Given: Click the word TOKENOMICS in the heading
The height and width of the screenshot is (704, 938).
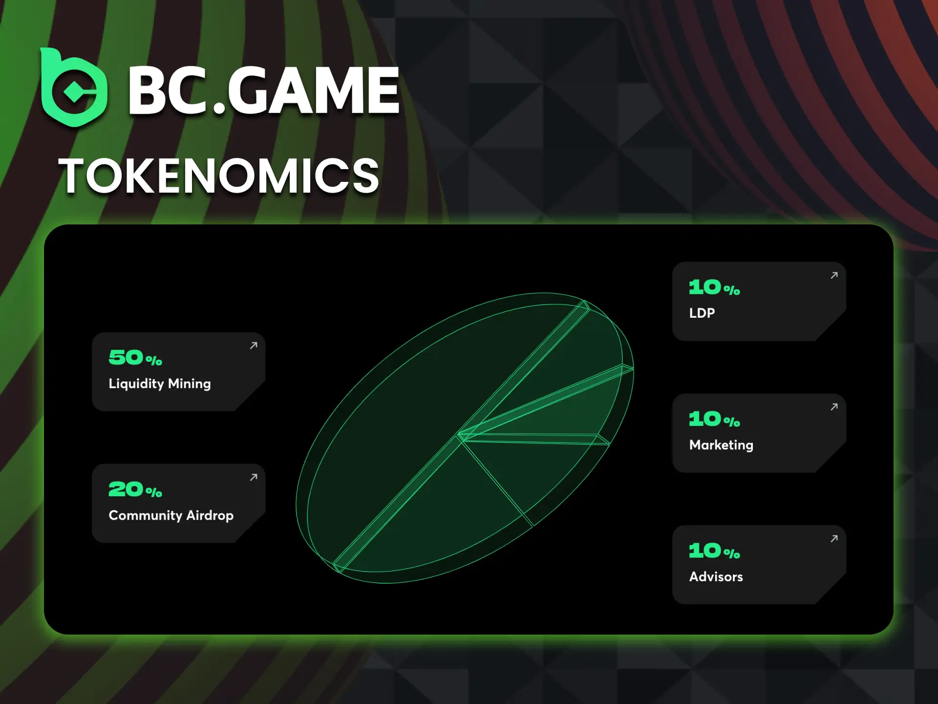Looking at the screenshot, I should [218, 176].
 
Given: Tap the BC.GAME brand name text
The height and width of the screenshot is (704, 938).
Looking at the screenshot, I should [264, 91].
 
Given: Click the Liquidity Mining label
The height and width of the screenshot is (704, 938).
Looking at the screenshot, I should [160, 384].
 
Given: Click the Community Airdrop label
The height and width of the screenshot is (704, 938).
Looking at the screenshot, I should [171, 515].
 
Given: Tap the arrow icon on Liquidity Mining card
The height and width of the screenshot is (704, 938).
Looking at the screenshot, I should [254, 346].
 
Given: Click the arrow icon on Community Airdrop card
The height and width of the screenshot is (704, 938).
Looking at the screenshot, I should [254, 477].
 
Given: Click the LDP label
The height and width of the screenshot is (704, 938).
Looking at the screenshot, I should [702, 313].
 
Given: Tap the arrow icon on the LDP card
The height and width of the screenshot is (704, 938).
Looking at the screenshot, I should [834, 275].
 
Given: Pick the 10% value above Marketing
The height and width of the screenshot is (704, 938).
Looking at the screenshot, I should [714, 419].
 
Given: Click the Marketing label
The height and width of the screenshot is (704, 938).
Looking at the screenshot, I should [721, 445].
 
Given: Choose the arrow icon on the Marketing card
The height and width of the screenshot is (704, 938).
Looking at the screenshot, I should [834, 407].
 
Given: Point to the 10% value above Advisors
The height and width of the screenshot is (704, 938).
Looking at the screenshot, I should [714, 551].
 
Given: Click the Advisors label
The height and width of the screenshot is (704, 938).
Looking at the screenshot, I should [716, 577].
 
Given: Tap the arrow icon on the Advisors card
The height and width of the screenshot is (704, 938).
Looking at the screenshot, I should [834, 538].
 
